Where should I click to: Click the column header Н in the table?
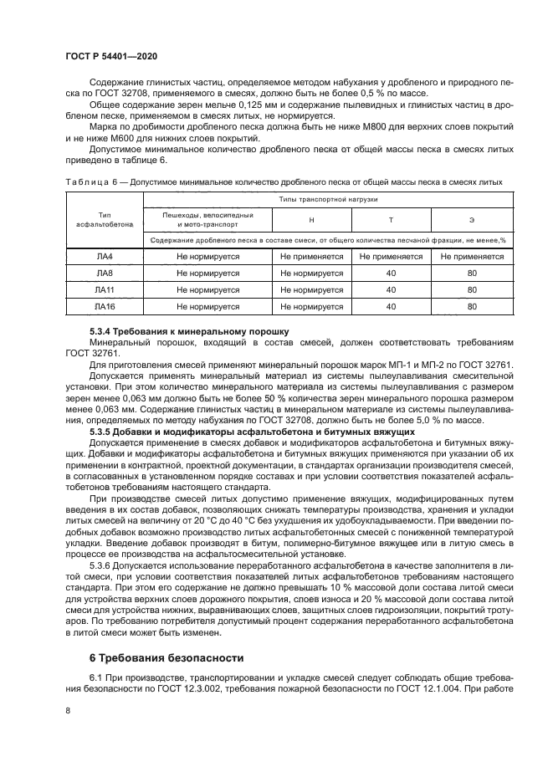pyautogui.click(x=311, y=220)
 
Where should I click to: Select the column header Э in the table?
pyautogui.click(x=472, y=220)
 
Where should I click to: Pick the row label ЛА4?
pyautogui.click(x=104, y=257)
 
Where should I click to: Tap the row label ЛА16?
pyautogui.click(x=104, y=307)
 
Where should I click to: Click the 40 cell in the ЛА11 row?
pyautogui.click(x=390, y=290)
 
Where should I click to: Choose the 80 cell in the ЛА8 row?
pyautogui.click(x=472, y=273)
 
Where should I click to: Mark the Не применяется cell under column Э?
pyautogui.click(x=472, y=257)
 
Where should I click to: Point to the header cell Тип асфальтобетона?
pyautogui.click(x=104, y=220)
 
